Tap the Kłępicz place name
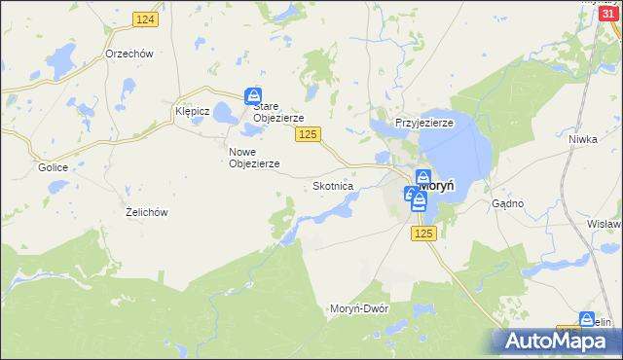(x=192, y=111)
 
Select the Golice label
(x=53, y=167)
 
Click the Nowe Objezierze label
(x=254, y=158)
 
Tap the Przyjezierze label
(x=424, y=124)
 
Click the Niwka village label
(x=582, y=139)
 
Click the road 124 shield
(x=145, y=19)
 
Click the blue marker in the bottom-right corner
(x=587, y=318)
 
